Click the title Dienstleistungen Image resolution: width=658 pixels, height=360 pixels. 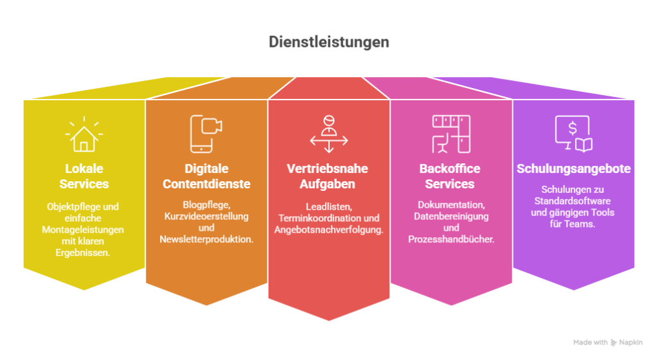(329, 42)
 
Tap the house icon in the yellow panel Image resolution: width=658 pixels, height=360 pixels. (84, 134)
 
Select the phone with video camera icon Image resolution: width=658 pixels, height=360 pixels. (206, 134)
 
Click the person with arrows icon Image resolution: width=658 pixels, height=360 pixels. (329, 134)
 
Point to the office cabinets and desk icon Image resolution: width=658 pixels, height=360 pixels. (451, 134)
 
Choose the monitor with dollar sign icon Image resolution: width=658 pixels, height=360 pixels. (574, 134)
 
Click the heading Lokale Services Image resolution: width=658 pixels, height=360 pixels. (84, 176)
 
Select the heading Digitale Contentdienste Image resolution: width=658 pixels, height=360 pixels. (206, 176)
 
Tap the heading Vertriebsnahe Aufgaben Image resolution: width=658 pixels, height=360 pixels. (327, 176)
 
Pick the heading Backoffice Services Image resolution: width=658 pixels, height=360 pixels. (450, 176)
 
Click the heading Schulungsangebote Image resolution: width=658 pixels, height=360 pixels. (574, 168)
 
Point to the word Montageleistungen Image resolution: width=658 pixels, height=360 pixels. (83, 230)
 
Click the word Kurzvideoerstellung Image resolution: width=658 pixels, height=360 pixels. (206, 216)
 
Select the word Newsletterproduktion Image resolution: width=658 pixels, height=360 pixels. (206, 239)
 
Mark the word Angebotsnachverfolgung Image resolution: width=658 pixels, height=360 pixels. (329, 230)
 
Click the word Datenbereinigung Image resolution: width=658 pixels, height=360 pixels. (451, 217)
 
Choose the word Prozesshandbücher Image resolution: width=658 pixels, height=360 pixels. (451, 239)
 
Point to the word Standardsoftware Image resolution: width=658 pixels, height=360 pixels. (573, 201)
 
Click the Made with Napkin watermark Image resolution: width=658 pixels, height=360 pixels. (608, 343)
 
